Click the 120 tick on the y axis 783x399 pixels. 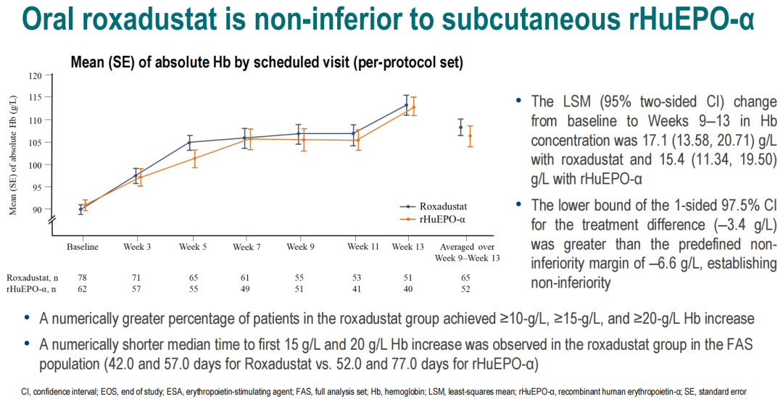pyautogui.click(x=36, y=75)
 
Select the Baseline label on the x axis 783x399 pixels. pyautogui.click(x=83, y=247)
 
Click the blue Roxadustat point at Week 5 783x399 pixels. pyautogui.click(x=190, y=142)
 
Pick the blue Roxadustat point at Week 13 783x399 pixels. pyautogui.click(x=406, y=104)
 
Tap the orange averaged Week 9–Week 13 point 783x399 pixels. pyautogui.click(x=470, y=135)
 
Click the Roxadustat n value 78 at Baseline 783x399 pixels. pyautogui.click(x=83, y=277)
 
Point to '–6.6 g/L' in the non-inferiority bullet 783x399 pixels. pyautogui.click(x=674, y=244)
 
